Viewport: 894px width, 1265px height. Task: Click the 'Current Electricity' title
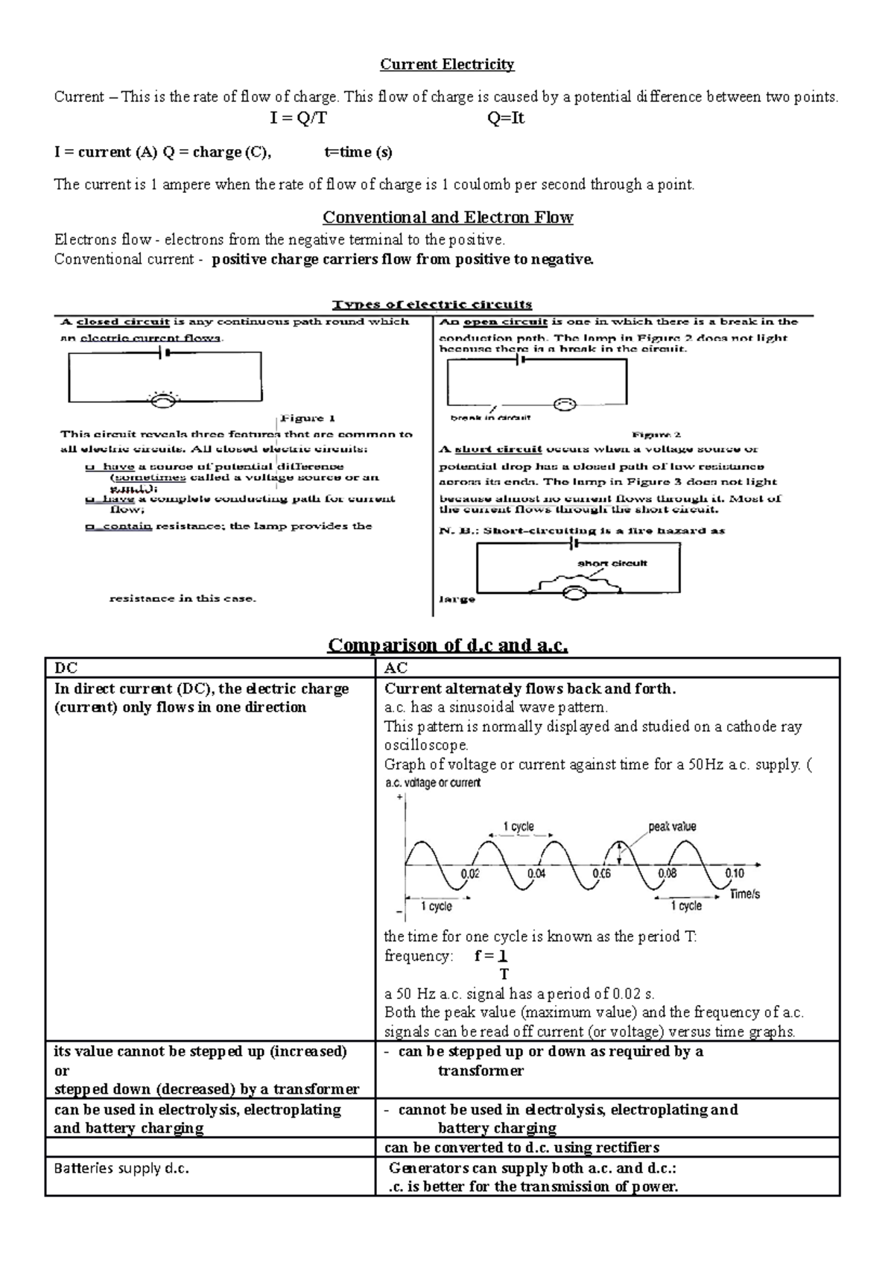point(447,65)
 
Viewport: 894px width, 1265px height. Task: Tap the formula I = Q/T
point(298,118)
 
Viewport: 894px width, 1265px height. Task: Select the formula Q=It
point(506,118)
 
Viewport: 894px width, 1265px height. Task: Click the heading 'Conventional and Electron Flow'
point(447,218)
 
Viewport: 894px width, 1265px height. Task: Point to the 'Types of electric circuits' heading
point(432,304)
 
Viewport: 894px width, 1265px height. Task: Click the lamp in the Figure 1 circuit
point(163,400)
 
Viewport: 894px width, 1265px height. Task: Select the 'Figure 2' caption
point(656,434)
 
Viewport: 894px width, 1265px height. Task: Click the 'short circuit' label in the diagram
point(612,563)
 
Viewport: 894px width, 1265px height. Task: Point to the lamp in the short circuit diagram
point(574,593)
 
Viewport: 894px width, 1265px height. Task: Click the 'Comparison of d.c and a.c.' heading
point(448,644)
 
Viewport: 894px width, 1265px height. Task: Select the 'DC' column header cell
point(209,668)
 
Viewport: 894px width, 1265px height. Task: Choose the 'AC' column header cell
point(607,668)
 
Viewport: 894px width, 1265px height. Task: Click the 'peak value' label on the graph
point(672,826)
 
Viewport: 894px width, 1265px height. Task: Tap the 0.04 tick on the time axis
point(536,873)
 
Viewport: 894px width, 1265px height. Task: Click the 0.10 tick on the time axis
point(735,873)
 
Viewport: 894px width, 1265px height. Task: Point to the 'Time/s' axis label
point(744,894)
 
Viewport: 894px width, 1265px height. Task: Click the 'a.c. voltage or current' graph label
point(433,783)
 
